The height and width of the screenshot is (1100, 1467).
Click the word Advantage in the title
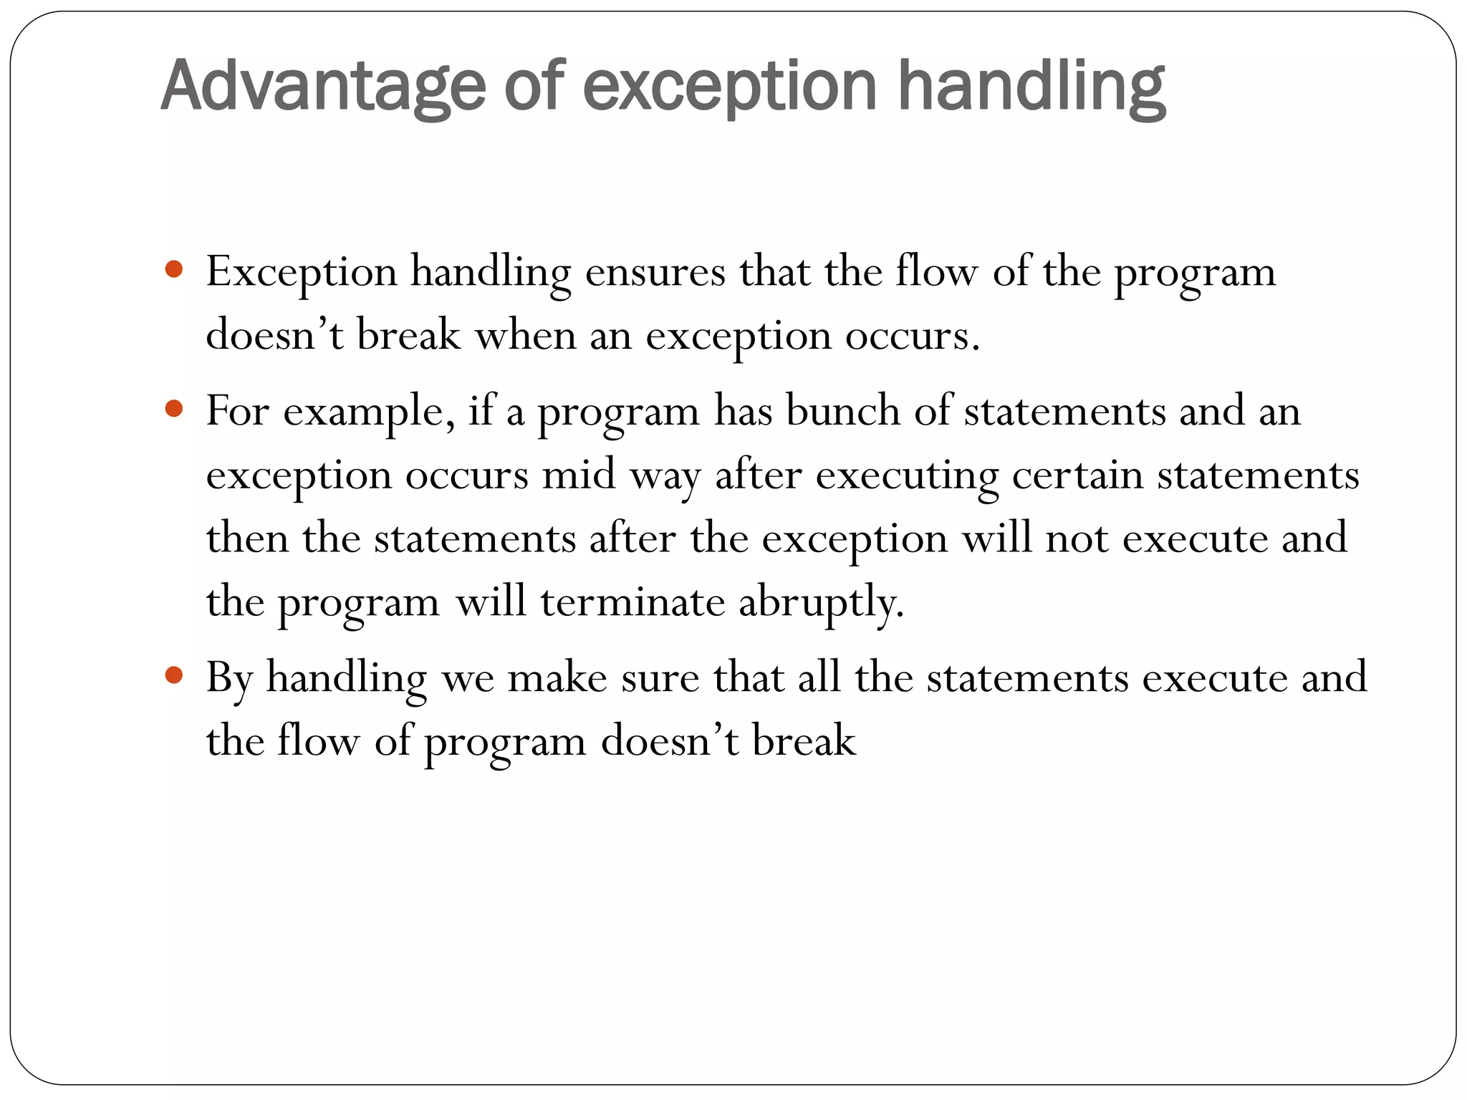[x=323, y=87]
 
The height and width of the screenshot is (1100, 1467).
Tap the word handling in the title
[x=1031, y=87]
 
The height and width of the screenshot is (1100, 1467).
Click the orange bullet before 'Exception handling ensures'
[x=173, y=270]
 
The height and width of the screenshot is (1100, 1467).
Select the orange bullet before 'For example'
[x=173, y=409]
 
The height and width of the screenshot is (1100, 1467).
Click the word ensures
[x=655, y=273]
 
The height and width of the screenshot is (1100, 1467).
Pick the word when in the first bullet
[x=526, y=335]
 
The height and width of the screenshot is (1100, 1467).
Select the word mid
[x=579, y=475]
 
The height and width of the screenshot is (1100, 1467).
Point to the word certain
[x=1077, y=475]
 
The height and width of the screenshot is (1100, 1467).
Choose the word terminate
[x=633, y=602]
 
